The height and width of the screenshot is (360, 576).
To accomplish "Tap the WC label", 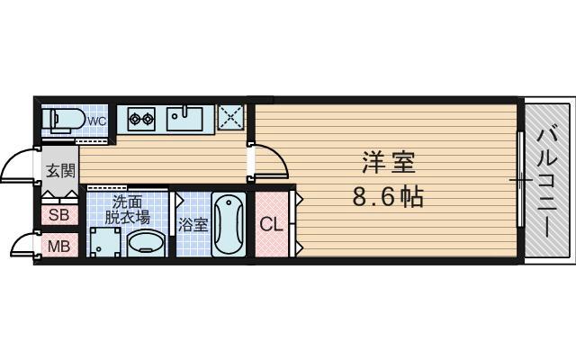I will click(97, 121).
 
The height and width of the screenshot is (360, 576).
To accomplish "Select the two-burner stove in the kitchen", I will click(141, 117).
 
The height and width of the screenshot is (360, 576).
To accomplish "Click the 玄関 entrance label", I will click(59, 170).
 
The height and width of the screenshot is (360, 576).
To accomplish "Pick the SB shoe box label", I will click(58, 215).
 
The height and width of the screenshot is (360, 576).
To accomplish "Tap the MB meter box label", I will click(58, 246).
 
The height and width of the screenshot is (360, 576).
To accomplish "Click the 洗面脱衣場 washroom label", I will click(126, 209).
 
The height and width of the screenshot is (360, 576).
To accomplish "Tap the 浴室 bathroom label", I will click(193, 225).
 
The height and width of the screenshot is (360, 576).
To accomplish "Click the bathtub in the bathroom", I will click(229, 224).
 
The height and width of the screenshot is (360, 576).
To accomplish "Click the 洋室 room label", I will click(388, 163).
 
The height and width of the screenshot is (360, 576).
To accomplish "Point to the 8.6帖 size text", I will click(388, 196).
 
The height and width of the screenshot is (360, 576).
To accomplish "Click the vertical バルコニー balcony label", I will click(548, 181).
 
